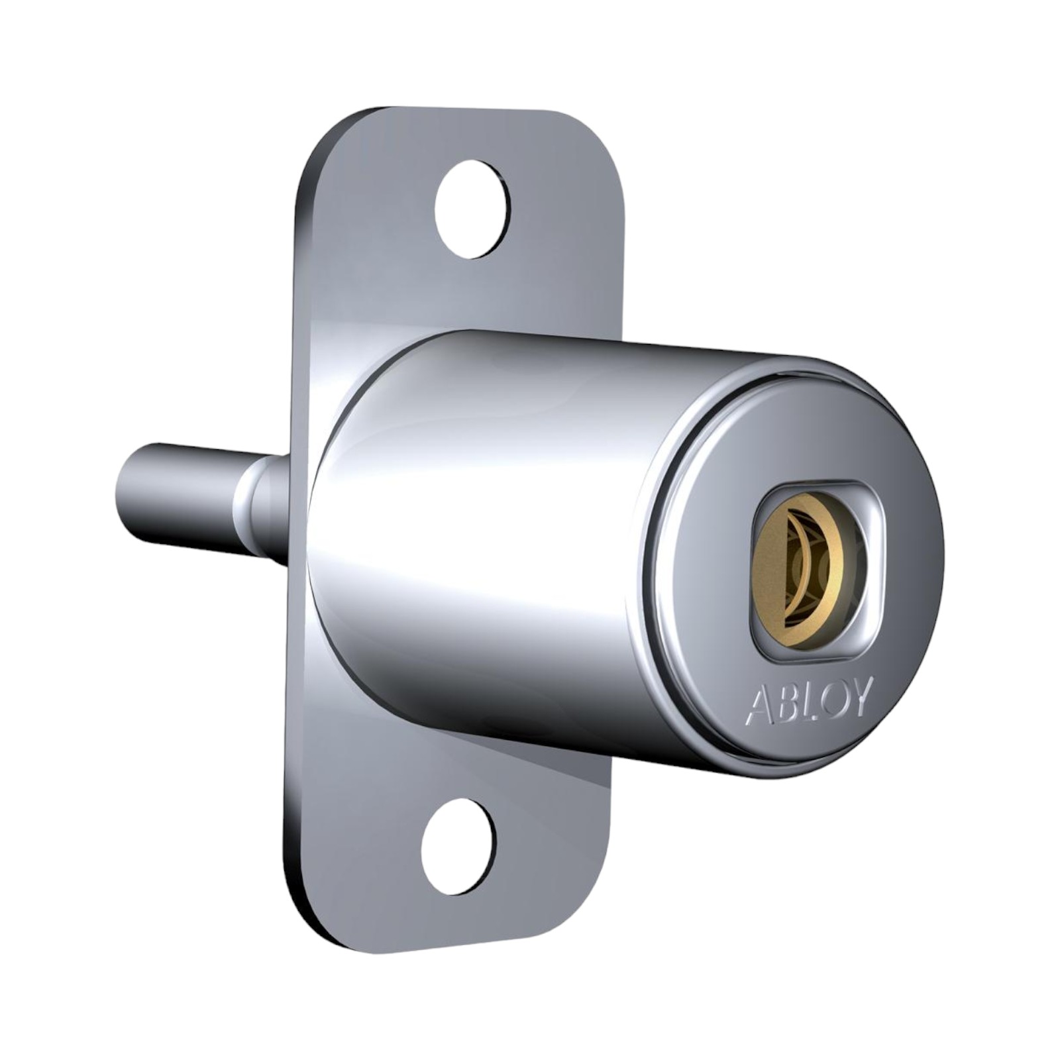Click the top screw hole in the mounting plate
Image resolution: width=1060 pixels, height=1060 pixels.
pos(472,209)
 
